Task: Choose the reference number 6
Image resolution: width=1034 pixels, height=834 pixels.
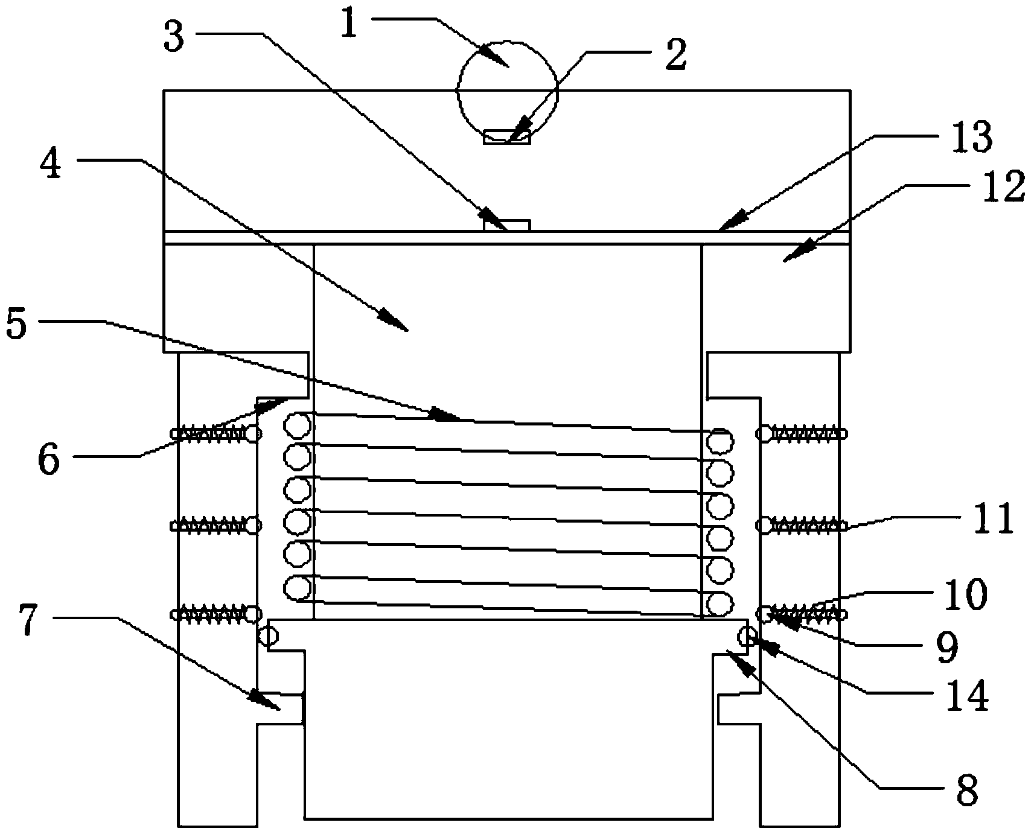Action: (x=48, y=460)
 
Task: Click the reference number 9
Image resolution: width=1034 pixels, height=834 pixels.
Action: (x=946, y=647)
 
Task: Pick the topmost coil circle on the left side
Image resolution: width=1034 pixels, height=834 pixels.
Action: (x=298, y=425)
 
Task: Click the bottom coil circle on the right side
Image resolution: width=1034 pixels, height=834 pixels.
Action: (x=720, y=605)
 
